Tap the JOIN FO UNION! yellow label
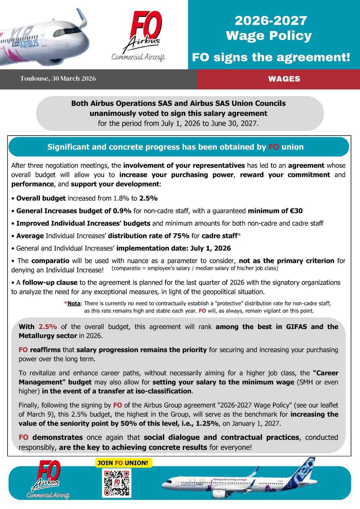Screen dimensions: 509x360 tap(123, 463)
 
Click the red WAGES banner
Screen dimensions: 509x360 tap(284, 79)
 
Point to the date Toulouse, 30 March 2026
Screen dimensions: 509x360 tap(58, 79)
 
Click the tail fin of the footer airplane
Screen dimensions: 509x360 tap(306, 469)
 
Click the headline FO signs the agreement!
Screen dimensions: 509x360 tap(271, 57)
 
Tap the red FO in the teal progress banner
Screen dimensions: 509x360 tap(273, 147)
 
